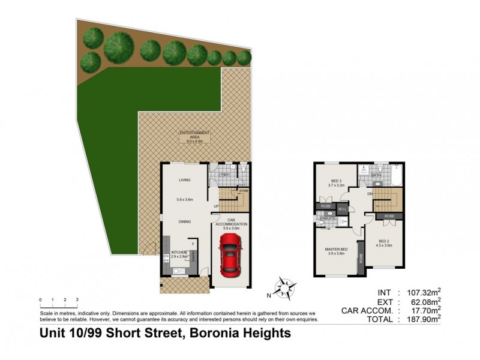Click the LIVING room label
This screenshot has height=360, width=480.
(185, 180)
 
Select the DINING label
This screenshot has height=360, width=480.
(185, 221)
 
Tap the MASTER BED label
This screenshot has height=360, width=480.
(336, 249)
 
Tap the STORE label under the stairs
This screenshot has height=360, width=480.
(243, 191)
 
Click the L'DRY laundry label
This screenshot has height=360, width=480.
(224, 175)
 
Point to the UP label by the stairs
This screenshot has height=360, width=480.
(215, 208)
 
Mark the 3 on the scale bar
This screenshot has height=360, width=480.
(77, 299)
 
